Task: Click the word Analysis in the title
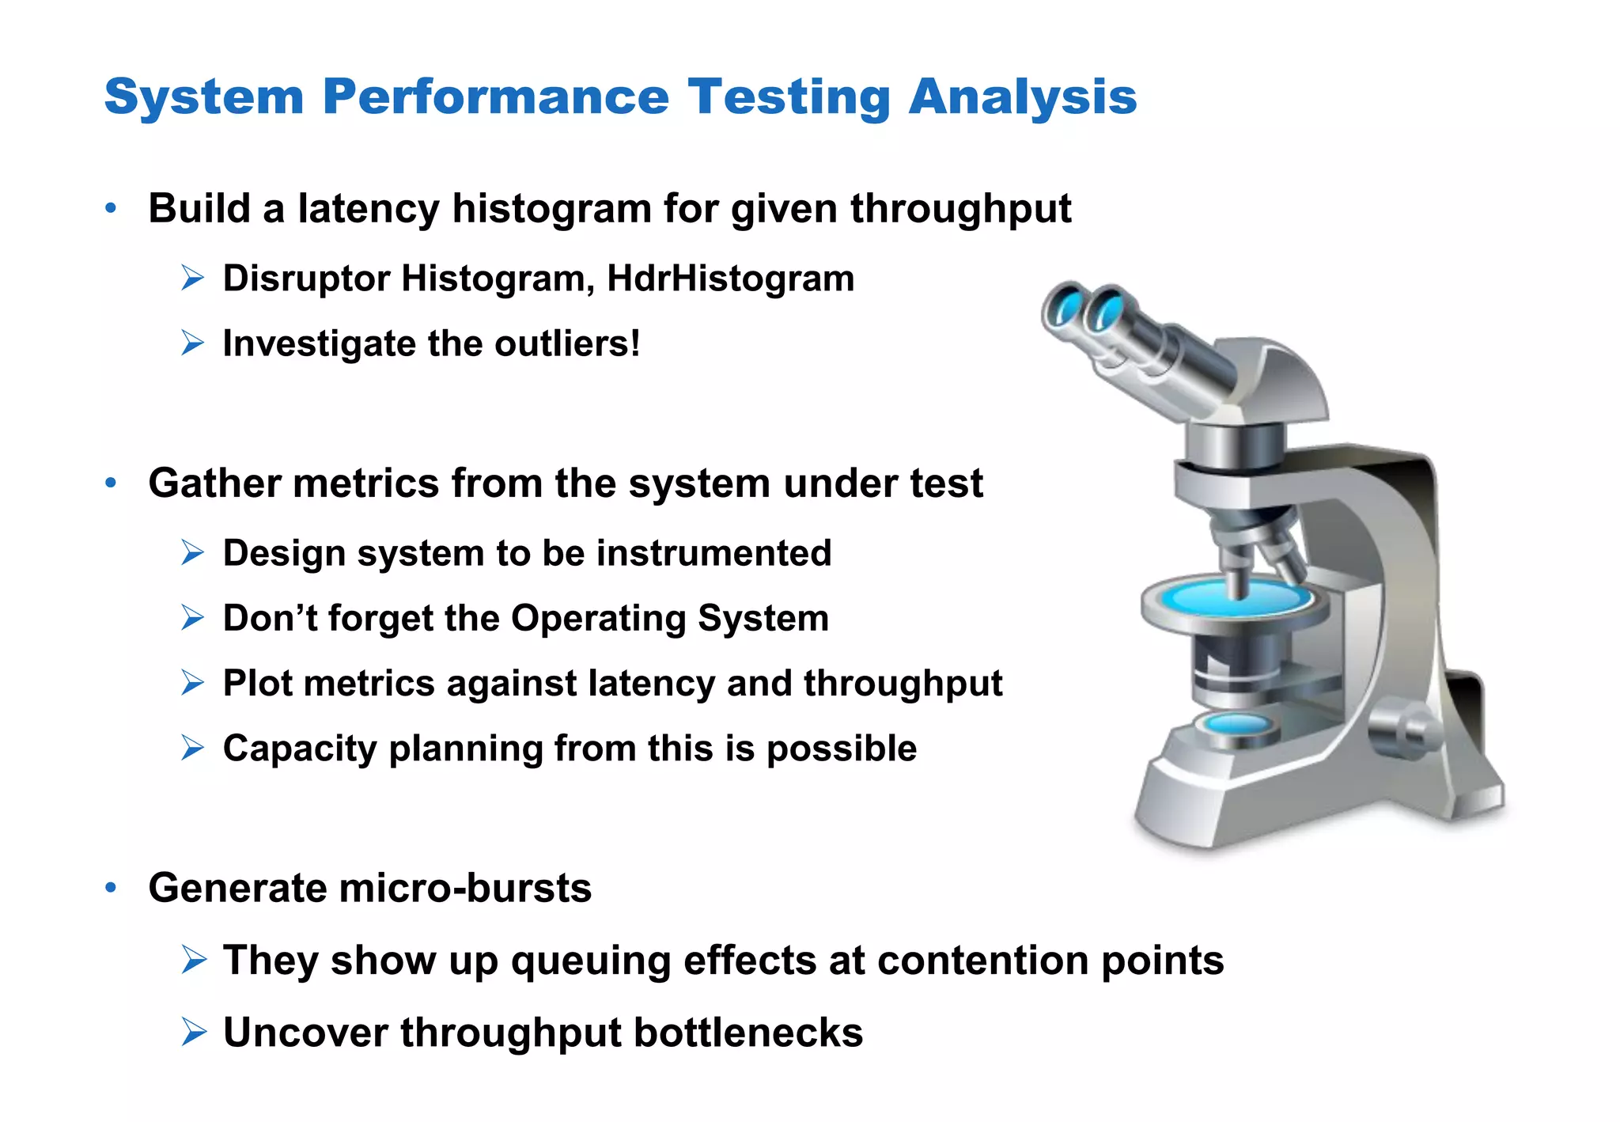[1022, 98]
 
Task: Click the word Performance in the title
[495, 98]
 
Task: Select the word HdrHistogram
[730, 279]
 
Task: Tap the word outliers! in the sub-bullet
[567, 344]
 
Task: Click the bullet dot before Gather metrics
[111, 483]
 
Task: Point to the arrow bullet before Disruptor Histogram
[192, 279]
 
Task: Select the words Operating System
[670, 619]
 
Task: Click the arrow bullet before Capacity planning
[192, 748]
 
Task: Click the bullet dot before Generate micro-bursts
[111, 888]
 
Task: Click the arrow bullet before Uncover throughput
[192, 1033]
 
